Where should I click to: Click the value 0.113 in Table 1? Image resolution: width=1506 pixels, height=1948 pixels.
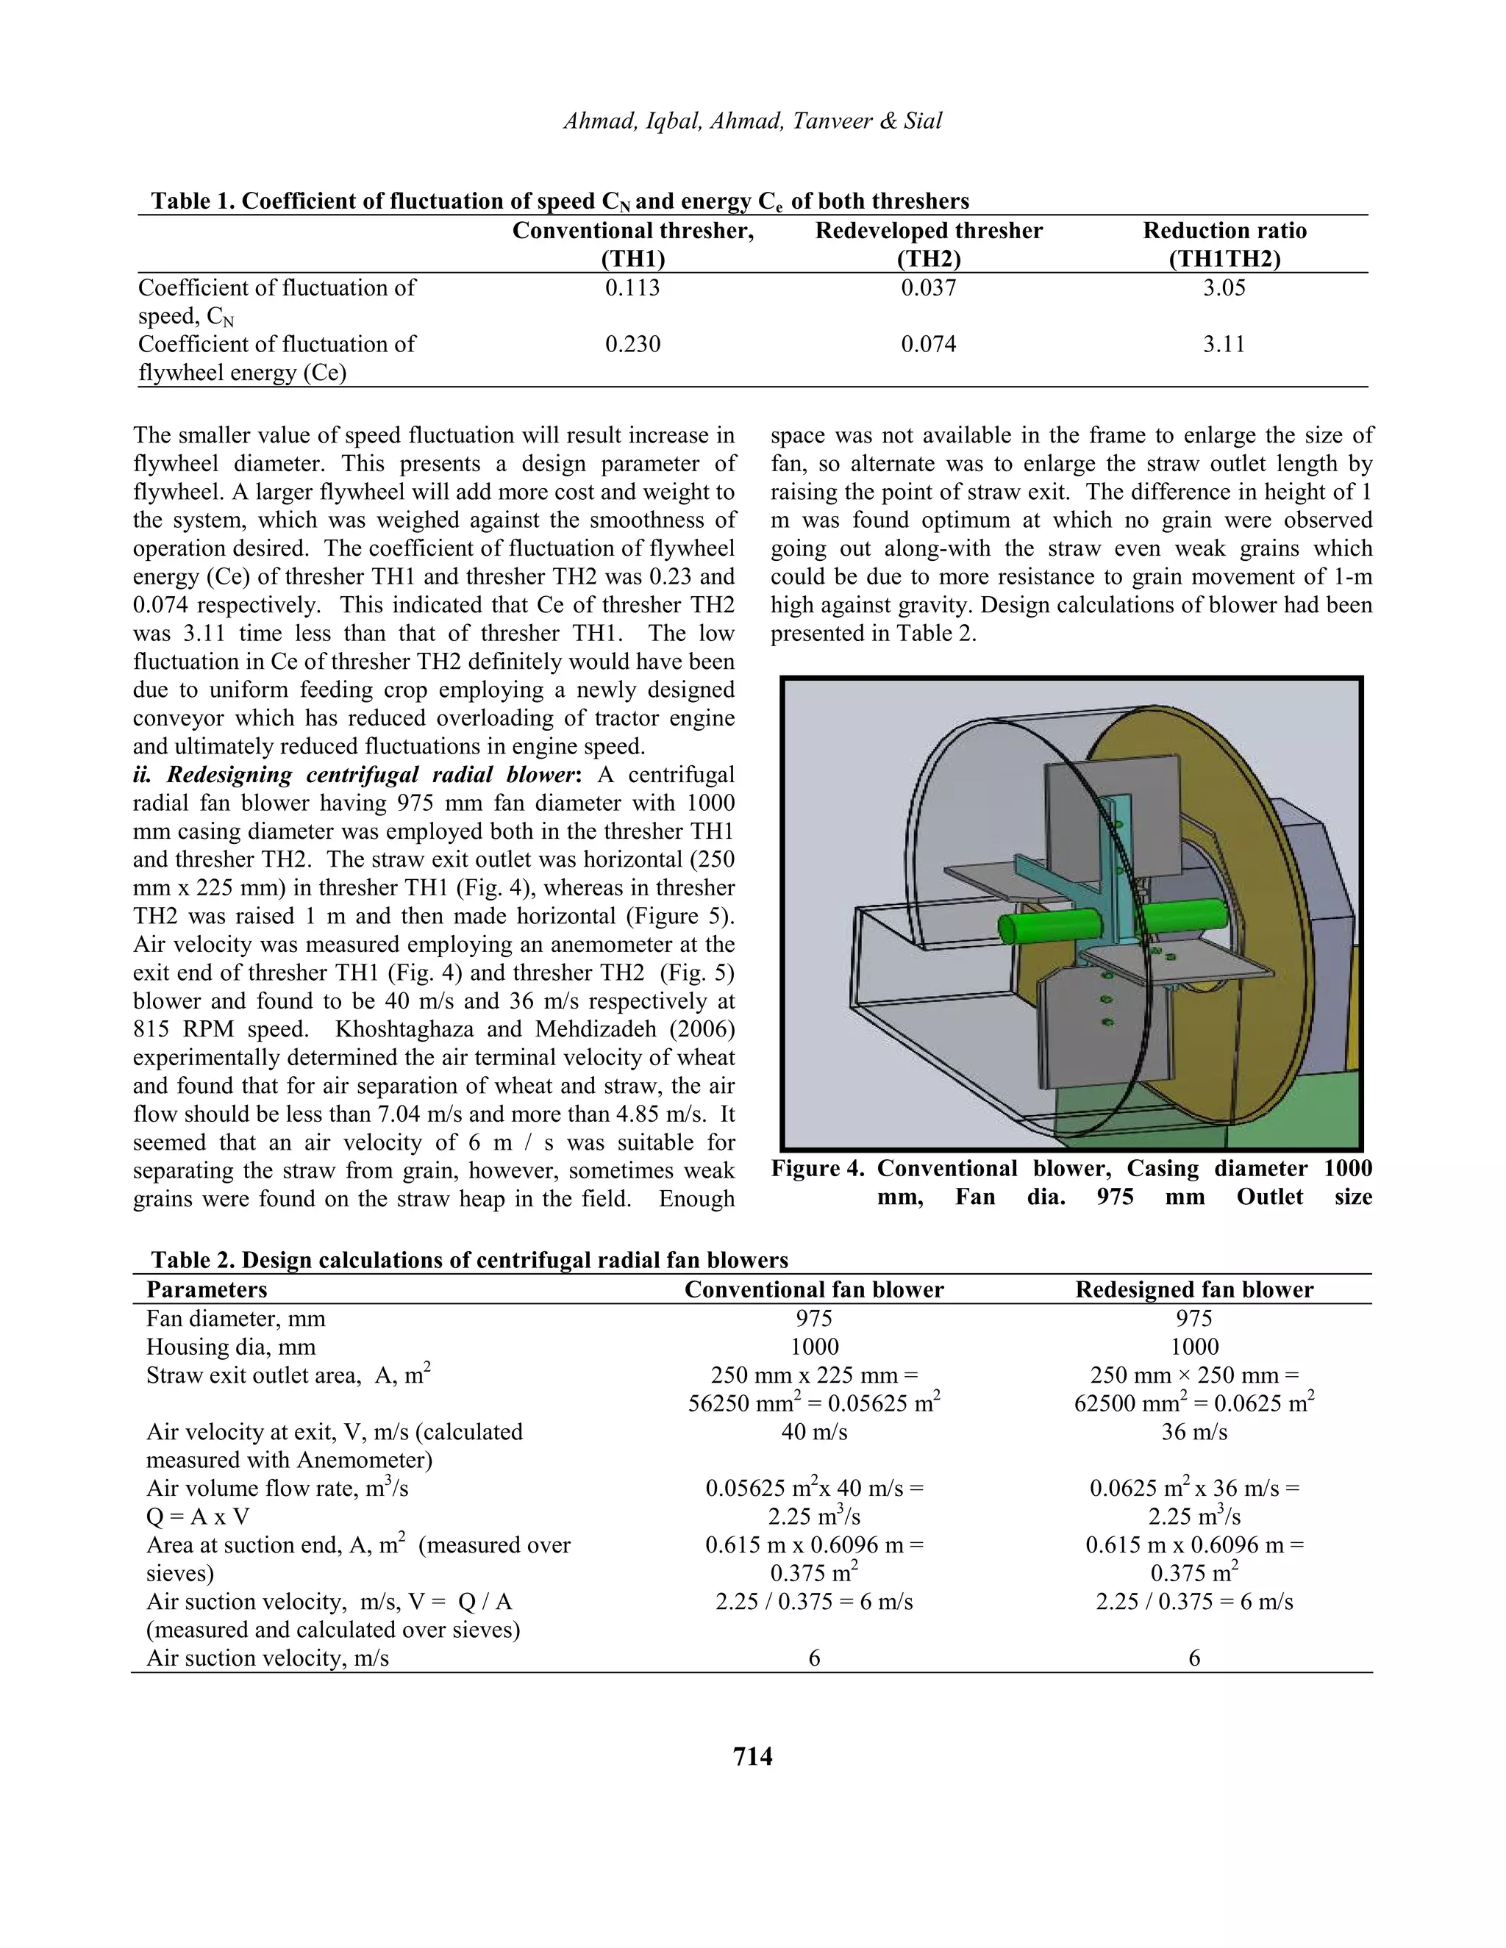(x=632, y=288)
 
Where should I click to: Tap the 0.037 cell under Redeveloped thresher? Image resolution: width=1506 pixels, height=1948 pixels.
(x=928, y=288)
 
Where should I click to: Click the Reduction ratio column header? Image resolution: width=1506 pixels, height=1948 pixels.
(x=1224, y=243)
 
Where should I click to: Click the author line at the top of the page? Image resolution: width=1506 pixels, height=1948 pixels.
(x=752, y=121)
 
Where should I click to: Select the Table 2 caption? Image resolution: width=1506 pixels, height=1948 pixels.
(x=469, y=1259)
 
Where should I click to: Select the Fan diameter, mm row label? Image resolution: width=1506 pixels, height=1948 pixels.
(x=235, y=1318)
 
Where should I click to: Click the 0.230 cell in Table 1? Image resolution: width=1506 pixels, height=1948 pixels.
(x=632, y=344)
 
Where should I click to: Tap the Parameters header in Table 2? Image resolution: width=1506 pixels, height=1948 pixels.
(x=206, y=1290)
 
